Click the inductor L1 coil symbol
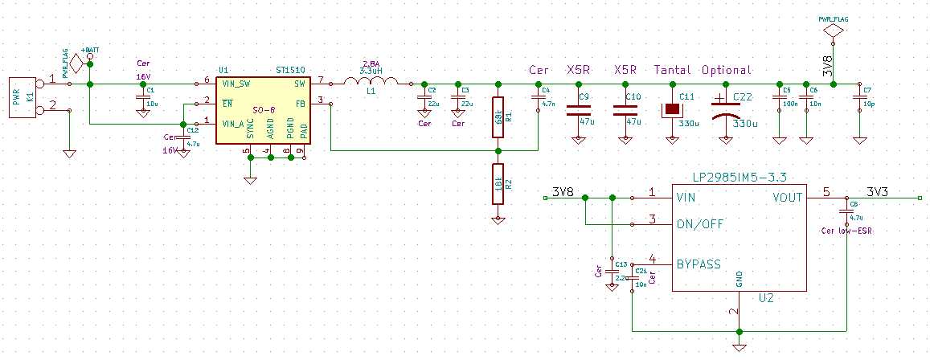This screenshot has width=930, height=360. click(371, 82)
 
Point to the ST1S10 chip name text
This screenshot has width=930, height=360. click(289, 71)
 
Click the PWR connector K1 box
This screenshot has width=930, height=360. click(23, 97)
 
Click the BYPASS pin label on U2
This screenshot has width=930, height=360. click(698, 264)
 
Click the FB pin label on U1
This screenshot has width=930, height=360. click(299, 103)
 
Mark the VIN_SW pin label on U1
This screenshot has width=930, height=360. click(238, 83)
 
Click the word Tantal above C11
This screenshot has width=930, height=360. click(673, 70)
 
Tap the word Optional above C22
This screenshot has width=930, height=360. click(726, 70)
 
